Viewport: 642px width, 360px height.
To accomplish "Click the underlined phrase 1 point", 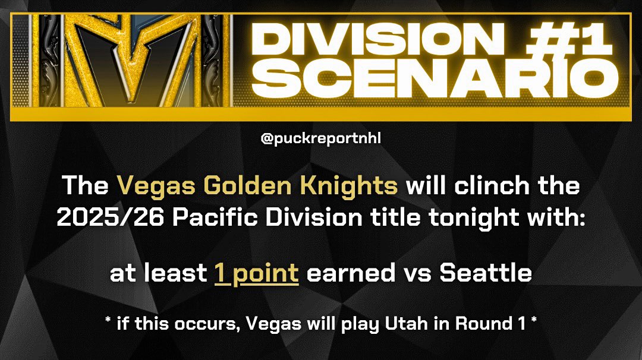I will [x=256, y=273].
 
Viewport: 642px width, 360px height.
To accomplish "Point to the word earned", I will [x=349, y=273].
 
